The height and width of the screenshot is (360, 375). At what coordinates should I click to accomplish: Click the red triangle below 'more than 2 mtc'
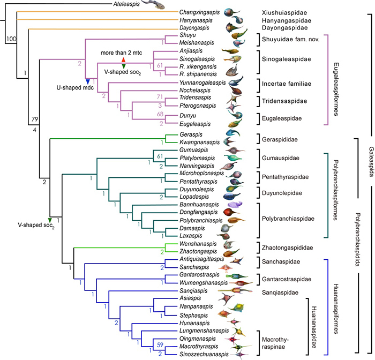124,59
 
